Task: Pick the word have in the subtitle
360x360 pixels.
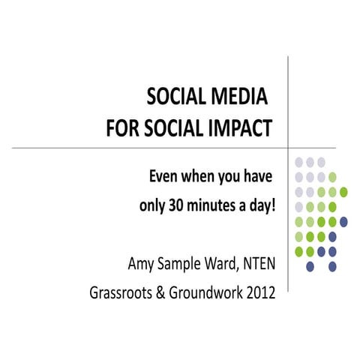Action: (255, 177)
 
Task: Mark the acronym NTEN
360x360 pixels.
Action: (259, 264)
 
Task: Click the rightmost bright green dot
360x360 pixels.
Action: (343, 192)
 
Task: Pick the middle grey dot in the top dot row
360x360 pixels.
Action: (310, 162)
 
